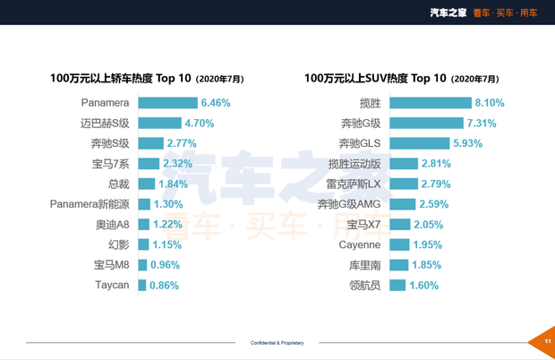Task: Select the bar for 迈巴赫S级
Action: coord(160,124)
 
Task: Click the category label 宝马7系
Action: coord(112,164)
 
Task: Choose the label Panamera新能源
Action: coord(90,204)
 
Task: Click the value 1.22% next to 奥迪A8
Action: coord(167,225)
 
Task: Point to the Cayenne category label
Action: coord(360,245)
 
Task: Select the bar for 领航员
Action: coord(397,286)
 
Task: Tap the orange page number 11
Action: coord(545,341)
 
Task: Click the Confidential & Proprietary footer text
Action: coord(277,342)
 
